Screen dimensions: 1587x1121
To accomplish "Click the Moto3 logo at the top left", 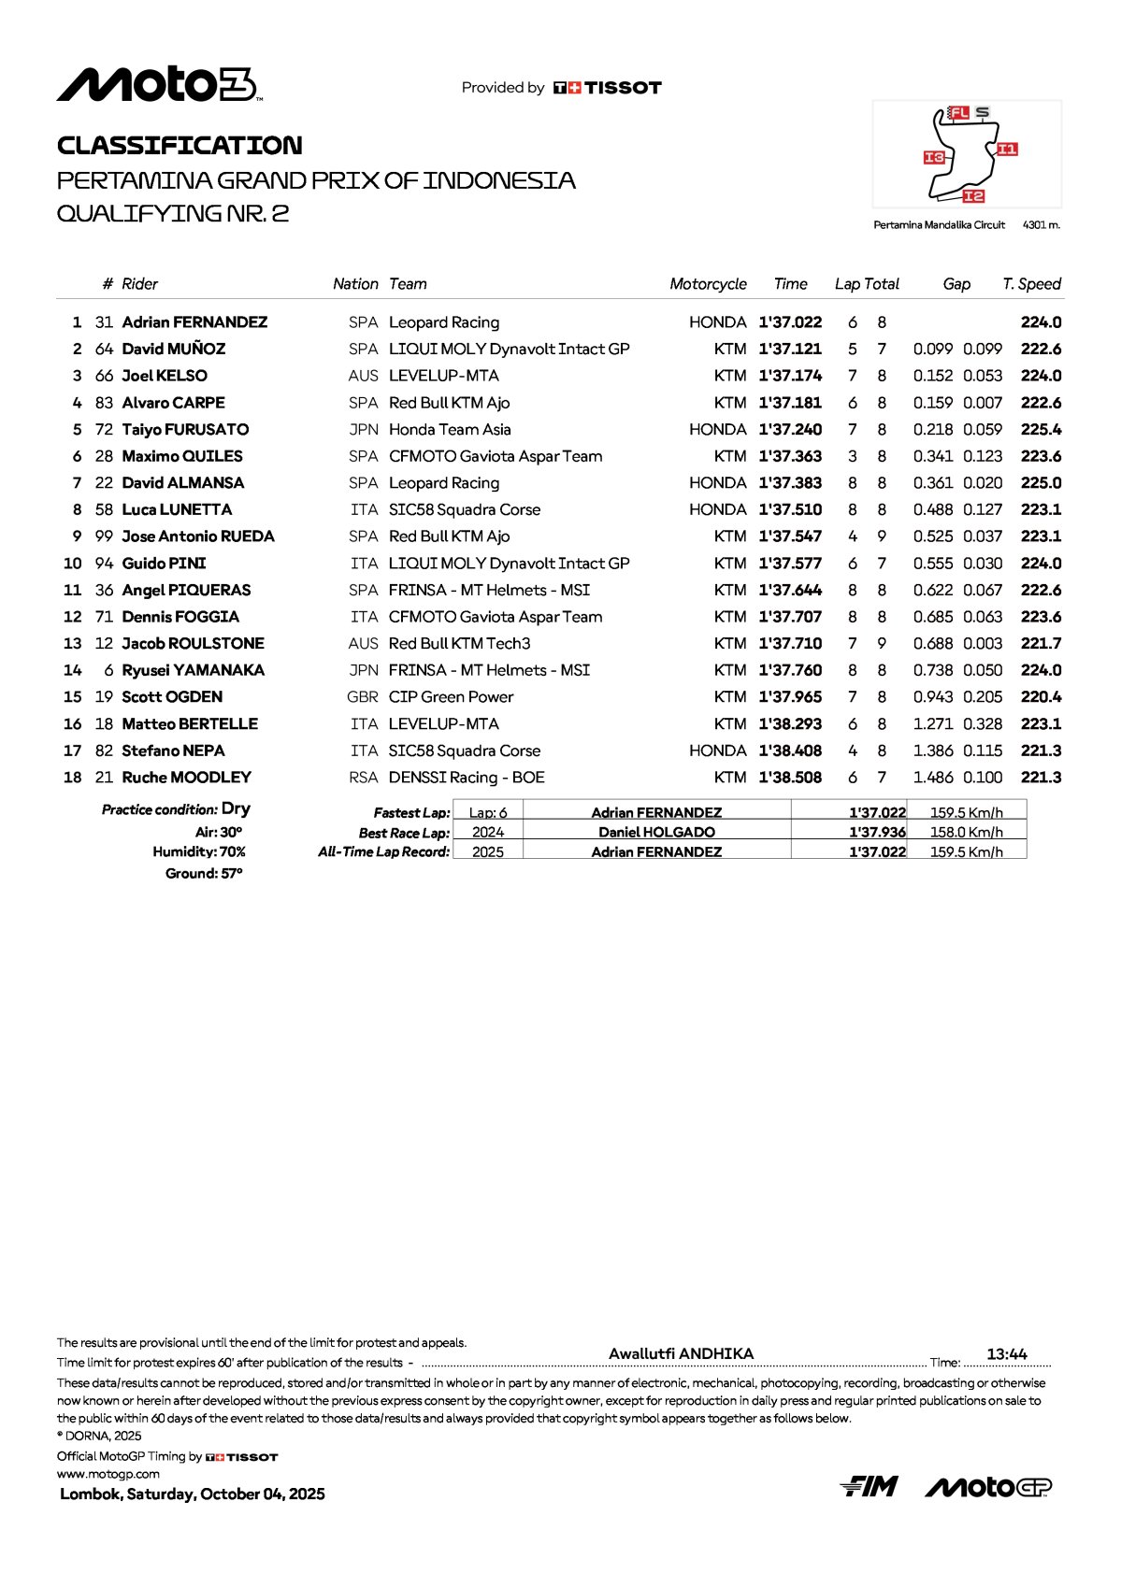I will click(x=159, y=85).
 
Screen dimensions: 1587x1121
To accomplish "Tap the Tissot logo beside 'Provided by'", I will click(x=608, y=88).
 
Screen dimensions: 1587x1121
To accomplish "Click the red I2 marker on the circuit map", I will click(x=973, y=195).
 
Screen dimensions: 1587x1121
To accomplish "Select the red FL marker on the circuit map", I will click(x=958, y=113).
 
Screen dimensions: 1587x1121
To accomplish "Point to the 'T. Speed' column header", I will click(x=1031, y=284).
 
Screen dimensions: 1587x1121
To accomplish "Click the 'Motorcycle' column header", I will click(x=708, y=284).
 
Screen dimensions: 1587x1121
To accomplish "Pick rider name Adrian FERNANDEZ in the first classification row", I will click(x=194, y=322).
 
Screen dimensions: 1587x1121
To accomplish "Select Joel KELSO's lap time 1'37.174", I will click(x=790, y=376).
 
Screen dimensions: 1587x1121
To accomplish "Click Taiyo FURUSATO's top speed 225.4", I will click(x=1041, y=430).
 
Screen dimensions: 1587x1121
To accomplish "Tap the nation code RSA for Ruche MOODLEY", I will click(x=363, y=778).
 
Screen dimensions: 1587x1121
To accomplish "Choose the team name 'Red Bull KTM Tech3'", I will click(x=459, y=644).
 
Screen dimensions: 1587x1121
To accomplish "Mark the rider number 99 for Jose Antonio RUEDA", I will click(x=104, y=536).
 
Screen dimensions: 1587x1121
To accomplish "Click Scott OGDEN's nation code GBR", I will click(x=363, y=697).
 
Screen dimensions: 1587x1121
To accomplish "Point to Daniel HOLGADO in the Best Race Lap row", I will click(x=656, y=832).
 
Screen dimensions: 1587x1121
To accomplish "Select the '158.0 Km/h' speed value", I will click(x=966, y=832).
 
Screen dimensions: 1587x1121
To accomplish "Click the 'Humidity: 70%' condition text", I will click(x=199, y=852).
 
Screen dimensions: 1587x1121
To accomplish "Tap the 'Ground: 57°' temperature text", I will click(x=204, y=874).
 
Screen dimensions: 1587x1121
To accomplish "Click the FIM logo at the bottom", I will click(x=869, y=1486).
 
